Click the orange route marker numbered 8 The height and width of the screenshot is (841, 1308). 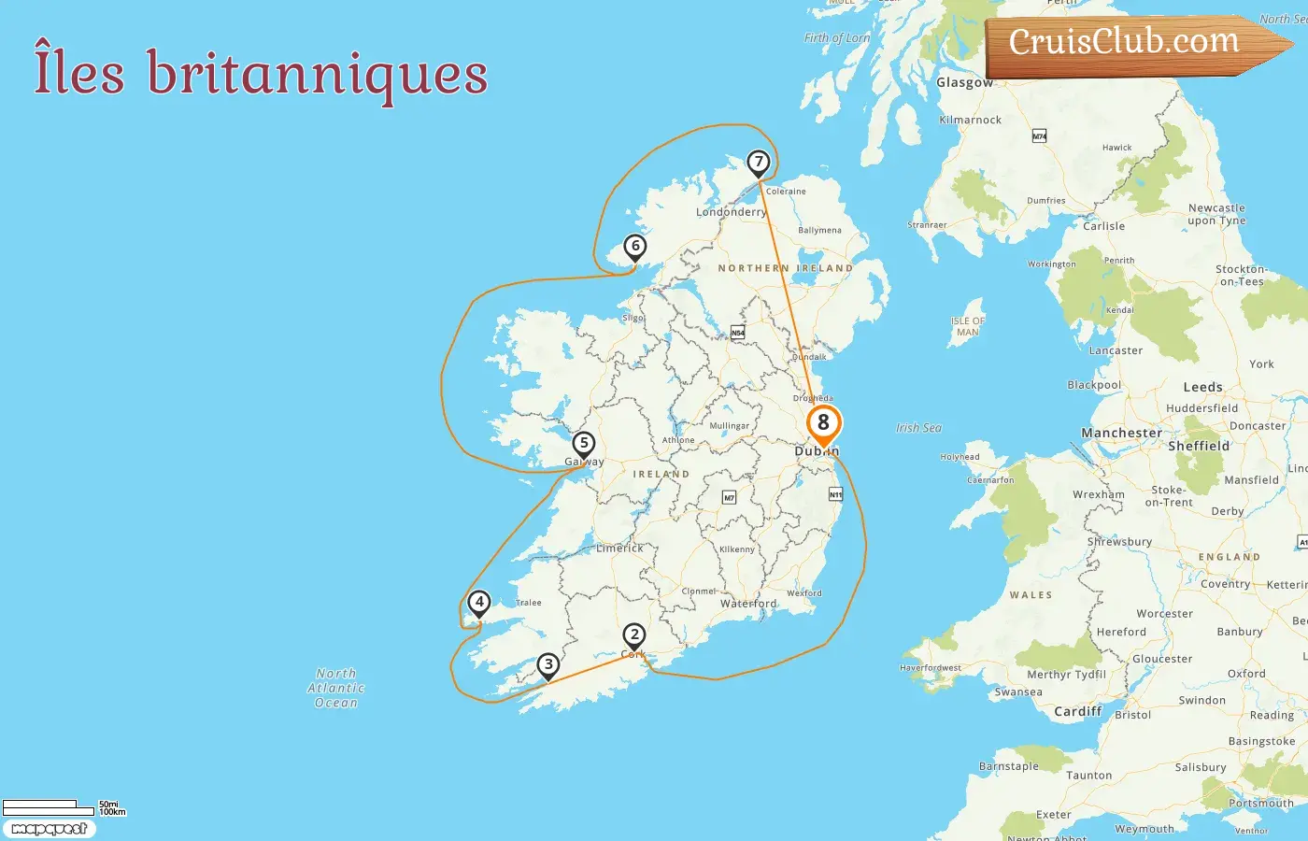[x=823, y=423]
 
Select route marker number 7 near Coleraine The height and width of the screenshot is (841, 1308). [x=759, y=163]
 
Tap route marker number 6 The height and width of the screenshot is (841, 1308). [x=635, y=247]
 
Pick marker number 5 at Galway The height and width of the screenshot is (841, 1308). [x=584, y=444]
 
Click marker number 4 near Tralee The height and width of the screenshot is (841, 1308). [x=479, y=603]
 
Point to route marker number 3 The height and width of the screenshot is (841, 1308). [x=548, y=665]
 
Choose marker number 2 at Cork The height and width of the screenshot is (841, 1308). [x=634, y=636]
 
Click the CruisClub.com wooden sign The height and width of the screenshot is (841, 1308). [x=1125, y=42]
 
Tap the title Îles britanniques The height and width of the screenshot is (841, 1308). [x=261, y=73]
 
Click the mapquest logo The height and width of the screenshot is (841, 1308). [x=49, y=829]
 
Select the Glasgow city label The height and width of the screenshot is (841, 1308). [x=964, y=82]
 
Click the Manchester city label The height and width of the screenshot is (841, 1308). [x=1121, y=434]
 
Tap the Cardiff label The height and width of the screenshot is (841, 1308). [x=1078, y=711]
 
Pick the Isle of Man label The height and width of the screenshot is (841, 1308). [x=968, y=326]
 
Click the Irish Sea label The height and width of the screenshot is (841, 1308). [x=918, y=428]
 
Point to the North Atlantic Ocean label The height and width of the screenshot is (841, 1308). [x=336, y=688]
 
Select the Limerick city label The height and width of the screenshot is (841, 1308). [x=619, y=549]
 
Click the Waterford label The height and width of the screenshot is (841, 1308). [x=748, y=604]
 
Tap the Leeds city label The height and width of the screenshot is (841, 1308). [x=1202, y=387]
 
